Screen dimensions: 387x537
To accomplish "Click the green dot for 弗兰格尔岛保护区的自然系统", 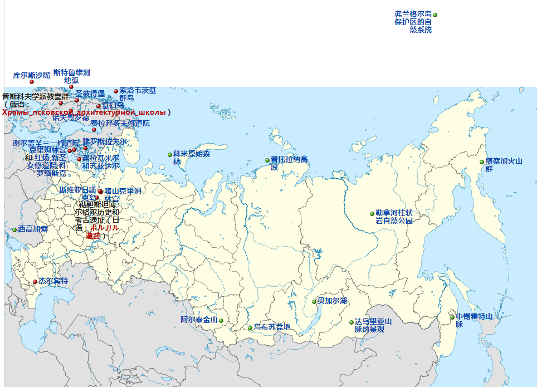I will click(x=435, y=15).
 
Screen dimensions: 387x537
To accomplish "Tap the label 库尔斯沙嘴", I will click(x=31, y=75).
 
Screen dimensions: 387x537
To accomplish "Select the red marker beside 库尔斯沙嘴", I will click(x=32, y=82).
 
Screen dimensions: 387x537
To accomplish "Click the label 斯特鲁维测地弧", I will click(x=71, y=76).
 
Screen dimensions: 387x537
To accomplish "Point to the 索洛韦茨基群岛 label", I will click(x=137, y=94).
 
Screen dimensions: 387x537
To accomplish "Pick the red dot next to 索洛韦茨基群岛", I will click(x=116, y=91).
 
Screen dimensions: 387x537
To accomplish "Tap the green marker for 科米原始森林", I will click(x=170, y=155).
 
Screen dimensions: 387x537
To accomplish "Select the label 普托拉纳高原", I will click(x=289, y=163).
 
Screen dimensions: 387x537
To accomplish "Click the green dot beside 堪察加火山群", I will click(x=482, y=162).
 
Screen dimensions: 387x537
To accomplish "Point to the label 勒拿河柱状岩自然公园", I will click(x=394, y=217).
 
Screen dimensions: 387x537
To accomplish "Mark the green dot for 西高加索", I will click(x=14, y=230).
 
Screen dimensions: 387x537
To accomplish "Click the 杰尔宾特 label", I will click(x=53, y=281).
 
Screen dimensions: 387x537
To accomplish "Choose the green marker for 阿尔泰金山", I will click(x=221, y=321).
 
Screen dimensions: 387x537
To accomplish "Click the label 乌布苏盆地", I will click(x=272, y=327).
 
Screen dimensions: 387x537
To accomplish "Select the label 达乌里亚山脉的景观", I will click(x=373, y=325).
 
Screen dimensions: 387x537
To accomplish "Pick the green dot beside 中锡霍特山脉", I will click(x=452, y=317).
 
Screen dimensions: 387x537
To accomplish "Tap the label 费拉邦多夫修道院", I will click(x=120, y=123).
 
